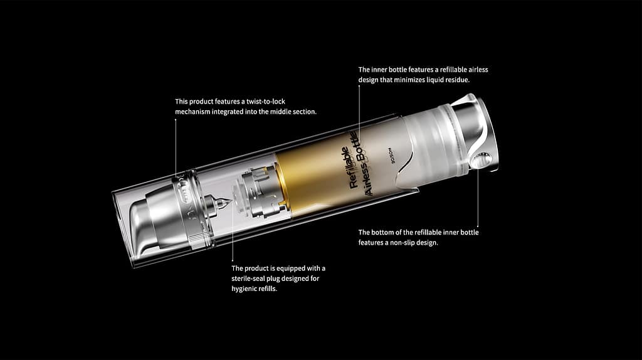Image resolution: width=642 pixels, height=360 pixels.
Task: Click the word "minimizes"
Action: (404, 80)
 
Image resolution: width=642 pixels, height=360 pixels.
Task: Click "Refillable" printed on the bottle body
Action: (346, 167)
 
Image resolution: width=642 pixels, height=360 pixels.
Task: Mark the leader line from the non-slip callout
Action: (478, 201)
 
